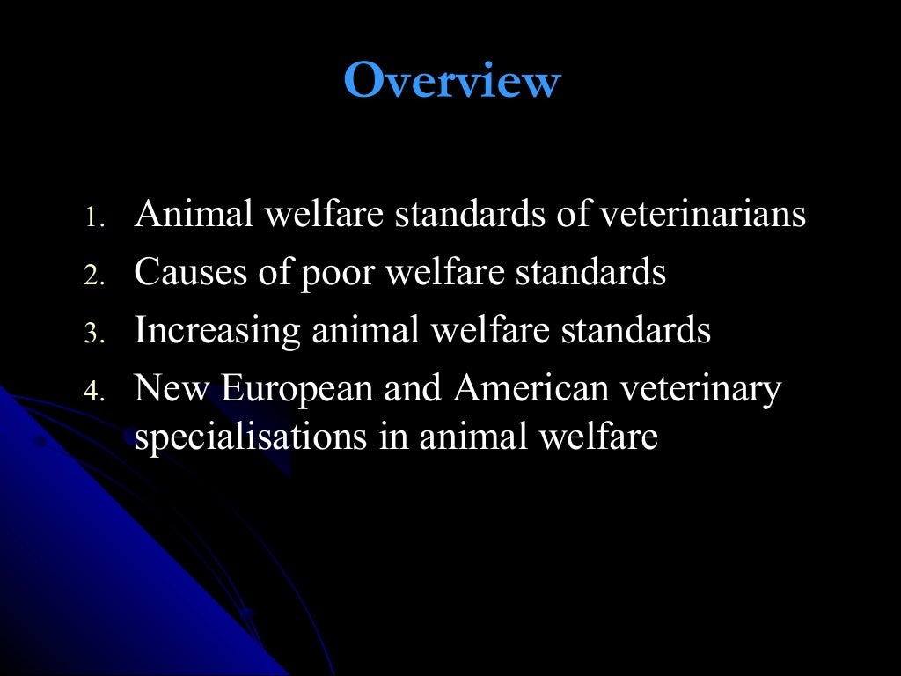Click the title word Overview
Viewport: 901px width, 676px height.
451,82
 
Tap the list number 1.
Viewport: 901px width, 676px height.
94,218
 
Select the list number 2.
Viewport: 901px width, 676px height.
94,276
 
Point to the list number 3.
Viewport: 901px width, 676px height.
94,334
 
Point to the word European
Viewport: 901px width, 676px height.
297,390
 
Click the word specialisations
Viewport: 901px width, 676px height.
251,437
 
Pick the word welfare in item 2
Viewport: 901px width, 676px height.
446,273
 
